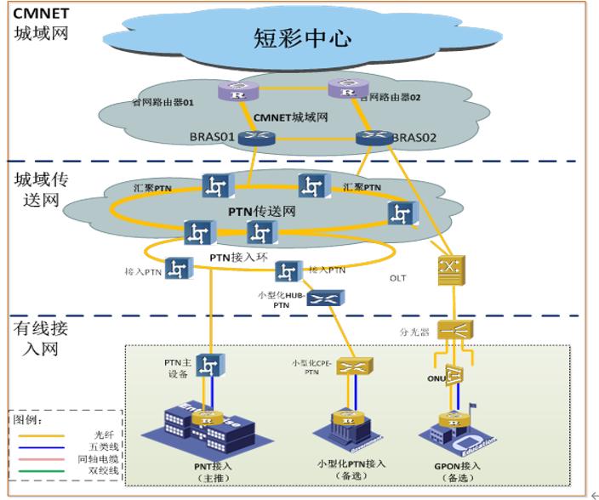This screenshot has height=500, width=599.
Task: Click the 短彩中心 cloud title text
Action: tap(303, 37)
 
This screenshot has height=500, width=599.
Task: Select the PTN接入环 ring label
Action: tap(227, 254)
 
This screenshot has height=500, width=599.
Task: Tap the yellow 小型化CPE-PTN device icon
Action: tap(350, 367)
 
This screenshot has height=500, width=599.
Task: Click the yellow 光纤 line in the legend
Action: tap(43, 434)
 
